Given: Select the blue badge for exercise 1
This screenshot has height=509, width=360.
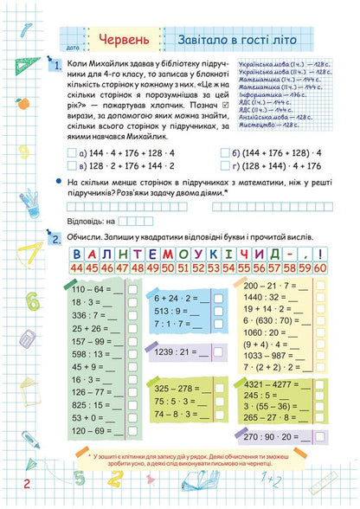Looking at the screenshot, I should pos(55,66).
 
